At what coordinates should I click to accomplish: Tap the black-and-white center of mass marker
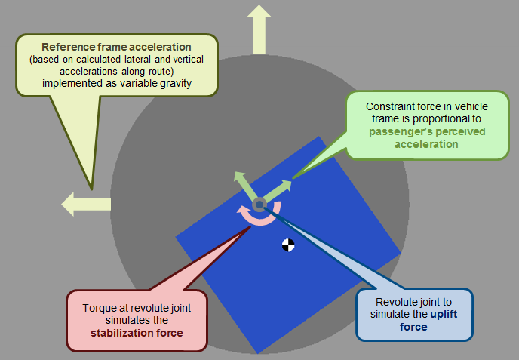point(287,245)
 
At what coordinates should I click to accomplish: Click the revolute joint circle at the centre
point(259,204)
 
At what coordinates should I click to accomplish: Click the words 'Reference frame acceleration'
point(116,46)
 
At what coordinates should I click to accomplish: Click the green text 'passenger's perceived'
point(427,131)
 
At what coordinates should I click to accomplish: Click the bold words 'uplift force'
point(415,321)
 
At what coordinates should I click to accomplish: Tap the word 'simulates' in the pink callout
point(111,319)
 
